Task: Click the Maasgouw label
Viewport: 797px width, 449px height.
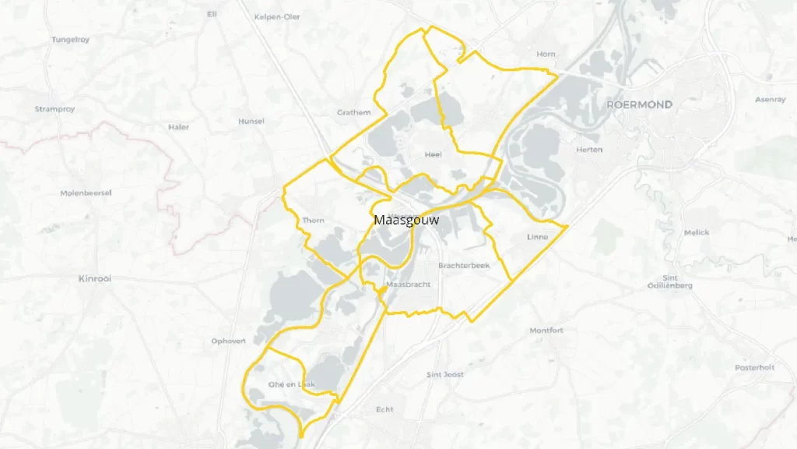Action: [406, 220]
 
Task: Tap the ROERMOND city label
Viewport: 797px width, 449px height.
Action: [639, 104]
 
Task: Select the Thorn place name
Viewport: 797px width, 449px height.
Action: [313, 221]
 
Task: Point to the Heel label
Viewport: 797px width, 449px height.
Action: [434, 154]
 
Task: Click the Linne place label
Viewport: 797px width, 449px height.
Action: [537, 237]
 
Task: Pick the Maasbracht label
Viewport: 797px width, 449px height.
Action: [409, 285]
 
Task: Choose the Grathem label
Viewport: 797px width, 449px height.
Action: [353, 112]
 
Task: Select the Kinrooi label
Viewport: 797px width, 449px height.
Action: [95, 278]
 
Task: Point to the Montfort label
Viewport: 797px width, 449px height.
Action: [546, 331]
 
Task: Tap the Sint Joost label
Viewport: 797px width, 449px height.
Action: [445, 375]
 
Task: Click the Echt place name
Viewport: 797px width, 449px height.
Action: [384, 409]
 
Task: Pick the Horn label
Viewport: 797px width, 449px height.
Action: [546, 54]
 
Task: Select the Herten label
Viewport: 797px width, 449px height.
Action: [589, 150]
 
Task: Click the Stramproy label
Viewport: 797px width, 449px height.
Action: [54, 109]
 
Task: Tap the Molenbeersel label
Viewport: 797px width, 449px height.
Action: [86, 193]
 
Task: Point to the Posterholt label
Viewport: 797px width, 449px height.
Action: [755, 367]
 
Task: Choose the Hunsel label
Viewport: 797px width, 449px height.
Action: [251, 122]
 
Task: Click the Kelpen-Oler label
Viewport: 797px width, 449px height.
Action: [277, 16]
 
